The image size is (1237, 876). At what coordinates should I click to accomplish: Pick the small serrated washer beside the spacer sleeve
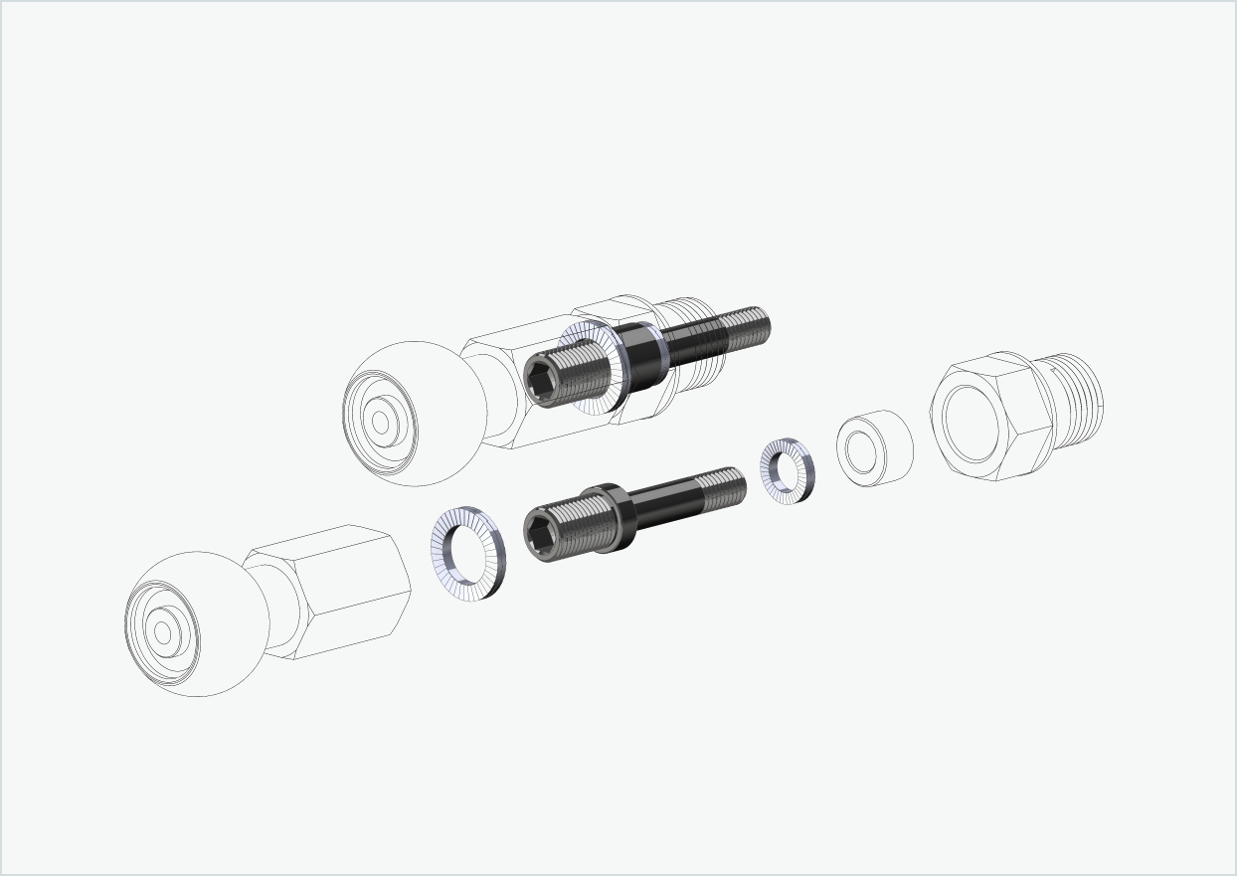coord(787,470)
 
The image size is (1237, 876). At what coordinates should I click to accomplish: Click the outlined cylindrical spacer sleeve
coord(874,448)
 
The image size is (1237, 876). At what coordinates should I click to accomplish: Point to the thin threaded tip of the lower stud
coord(721,486)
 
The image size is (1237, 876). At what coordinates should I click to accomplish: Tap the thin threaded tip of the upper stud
coord(746,326)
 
